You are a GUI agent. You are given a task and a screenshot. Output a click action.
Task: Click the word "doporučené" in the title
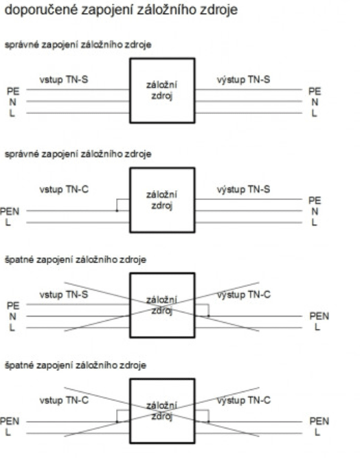pyautogui.click(x=41, y=10)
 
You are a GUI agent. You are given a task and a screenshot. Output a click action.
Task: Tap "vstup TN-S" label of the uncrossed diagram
pyautogui.click(x=64, y=80)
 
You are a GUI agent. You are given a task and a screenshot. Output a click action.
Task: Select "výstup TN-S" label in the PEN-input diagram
pyautogui.click(x=243, y=190)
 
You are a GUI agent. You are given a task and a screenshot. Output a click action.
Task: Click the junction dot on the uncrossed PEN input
pyautogui.click(x=117, y=211)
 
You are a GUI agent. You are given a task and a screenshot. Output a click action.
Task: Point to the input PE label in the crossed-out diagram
pyautogui.click(x=13, y=306)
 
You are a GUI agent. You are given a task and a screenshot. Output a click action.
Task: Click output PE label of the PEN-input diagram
pyautogui.click(x=315, y=201)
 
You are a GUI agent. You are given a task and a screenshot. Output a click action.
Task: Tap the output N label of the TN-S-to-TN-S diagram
pyautogui.click(x=315, y=102)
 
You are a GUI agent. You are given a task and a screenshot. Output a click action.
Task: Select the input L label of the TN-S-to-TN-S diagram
pyautogui.click(x=12, y=113)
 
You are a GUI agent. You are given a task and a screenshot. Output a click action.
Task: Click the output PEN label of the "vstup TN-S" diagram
pyautogui.click(x=319, y=316)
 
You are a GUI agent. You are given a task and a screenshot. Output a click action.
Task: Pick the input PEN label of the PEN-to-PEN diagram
pyautogui.click(x=10, y=421)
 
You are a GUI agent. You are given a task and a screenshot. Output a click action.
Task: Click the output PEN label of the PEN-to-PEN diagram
pyautogui.click(x=319, y=421)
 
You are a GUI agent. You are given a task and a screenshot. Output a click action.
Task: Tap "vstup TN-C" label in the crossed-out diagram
pyautogui.click(x=64, y=400)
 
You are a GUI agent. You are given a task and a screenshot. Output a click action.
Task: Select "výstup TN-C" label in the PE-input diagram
pyautogui.click(x=244, y=295)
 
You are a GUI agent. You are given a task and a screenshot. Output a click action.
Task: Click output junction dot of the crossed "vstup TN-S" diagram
pyautogui.click(x=208, y=316)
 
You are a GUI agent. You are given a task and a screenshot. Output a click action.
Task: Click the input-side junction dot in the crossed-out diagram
pyautogui.click(x=117, y=422)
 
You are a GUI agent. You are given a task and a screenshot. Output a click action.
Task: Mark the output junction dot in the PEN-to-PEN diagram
pyautogui.click(x=208, y=422)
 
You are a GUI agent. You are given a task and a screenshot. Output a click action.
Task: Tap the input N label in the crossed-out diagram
pyautogui.click(x=12, y=317)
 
